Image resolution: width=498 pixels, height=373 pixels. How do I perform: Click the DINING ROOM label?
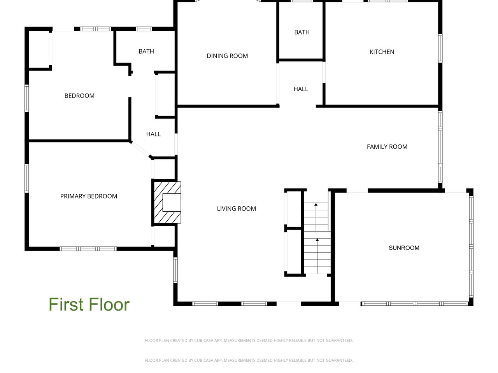point(227,56)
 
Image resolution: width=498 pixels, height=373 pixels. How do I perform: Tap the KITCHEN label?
point(382,52)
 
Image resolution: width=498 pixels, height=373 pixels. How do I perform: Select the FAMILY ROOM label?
point(387,147)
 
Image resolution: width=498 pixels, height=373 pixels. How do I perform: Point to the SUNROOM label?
point(404,248)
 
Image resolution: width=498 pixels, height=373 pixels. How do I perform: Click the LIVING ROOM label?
point(237,209)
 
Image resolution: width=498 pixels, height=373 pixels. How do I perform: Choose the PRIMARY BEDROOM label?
point(89,196)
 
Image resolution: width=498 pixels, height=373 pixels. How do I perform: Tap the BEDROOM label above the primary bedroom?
point(79,96)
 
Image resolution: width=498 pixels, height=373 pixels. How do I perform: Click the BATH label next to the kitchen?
point(302,32)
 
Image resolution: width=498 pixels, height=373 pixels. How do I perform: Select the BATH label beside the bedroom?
point(146,51)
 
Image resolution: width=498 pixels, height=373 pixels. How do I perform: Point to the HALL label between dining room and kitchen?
point(301,89)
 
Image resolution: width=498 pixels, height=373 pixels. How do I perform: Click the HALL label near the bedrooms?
point(153,134)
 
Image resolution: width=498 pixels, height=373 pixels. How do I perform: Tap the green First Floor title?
point(89,305)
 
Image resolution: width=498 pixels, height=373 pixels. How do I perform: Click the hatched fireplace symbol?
point(167,202)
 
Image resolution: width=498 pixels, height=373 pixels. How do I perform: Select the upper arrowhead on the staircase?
point(316,204)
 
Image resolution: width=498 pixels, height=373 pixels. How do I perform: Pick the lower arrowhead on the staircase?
point(317,240)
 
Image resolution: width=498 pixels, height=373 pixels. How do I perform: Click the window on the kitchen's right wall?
point(440,48)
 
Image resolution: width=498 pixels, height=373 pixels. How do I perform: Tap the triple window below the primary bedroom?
point(88,249)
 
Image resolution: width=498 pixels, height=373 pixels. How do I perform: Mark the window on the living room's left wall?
point(175,270)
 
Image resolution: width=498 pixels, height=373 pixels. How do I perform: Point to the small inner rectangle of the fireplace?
point(172,203)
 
